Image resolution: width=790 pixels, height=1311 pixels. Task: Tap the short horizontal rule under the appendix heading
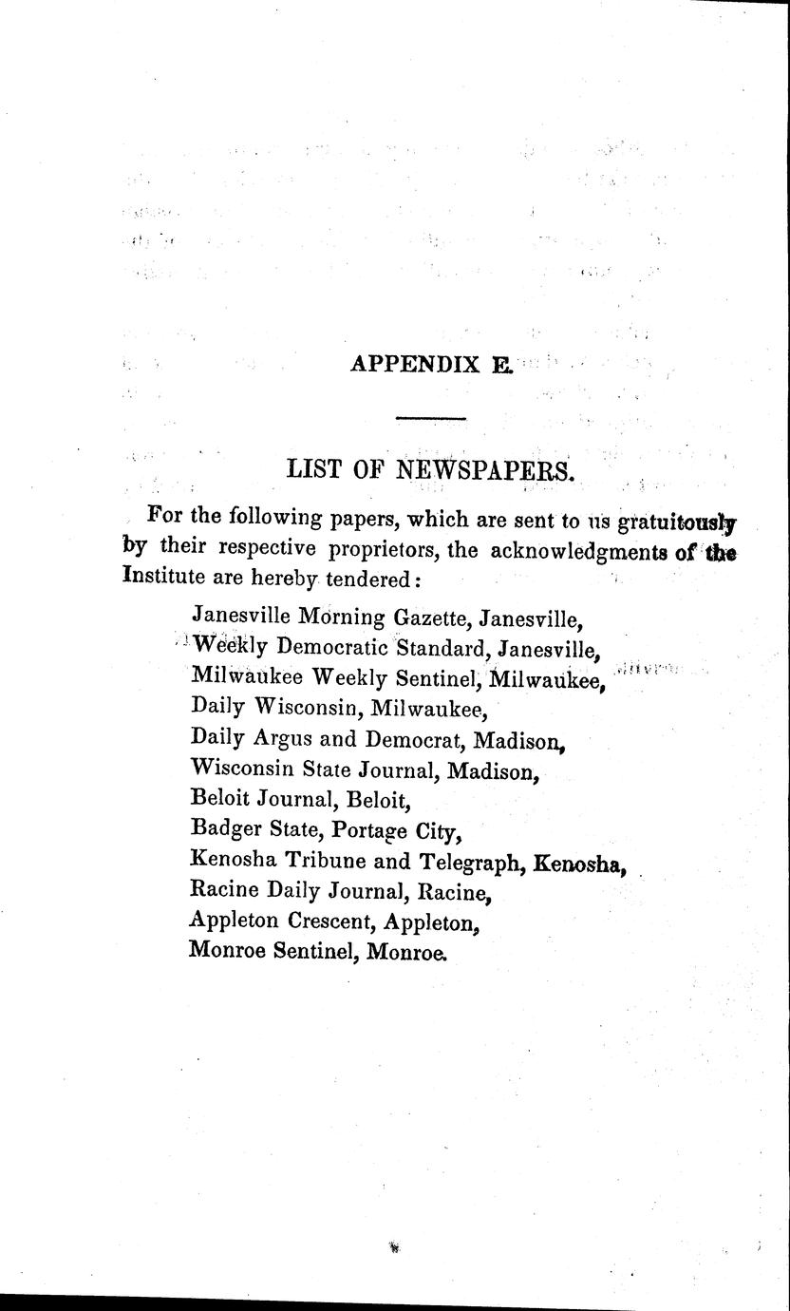430,418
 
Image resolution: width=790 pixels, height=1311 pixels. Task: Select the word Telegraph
473,862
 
